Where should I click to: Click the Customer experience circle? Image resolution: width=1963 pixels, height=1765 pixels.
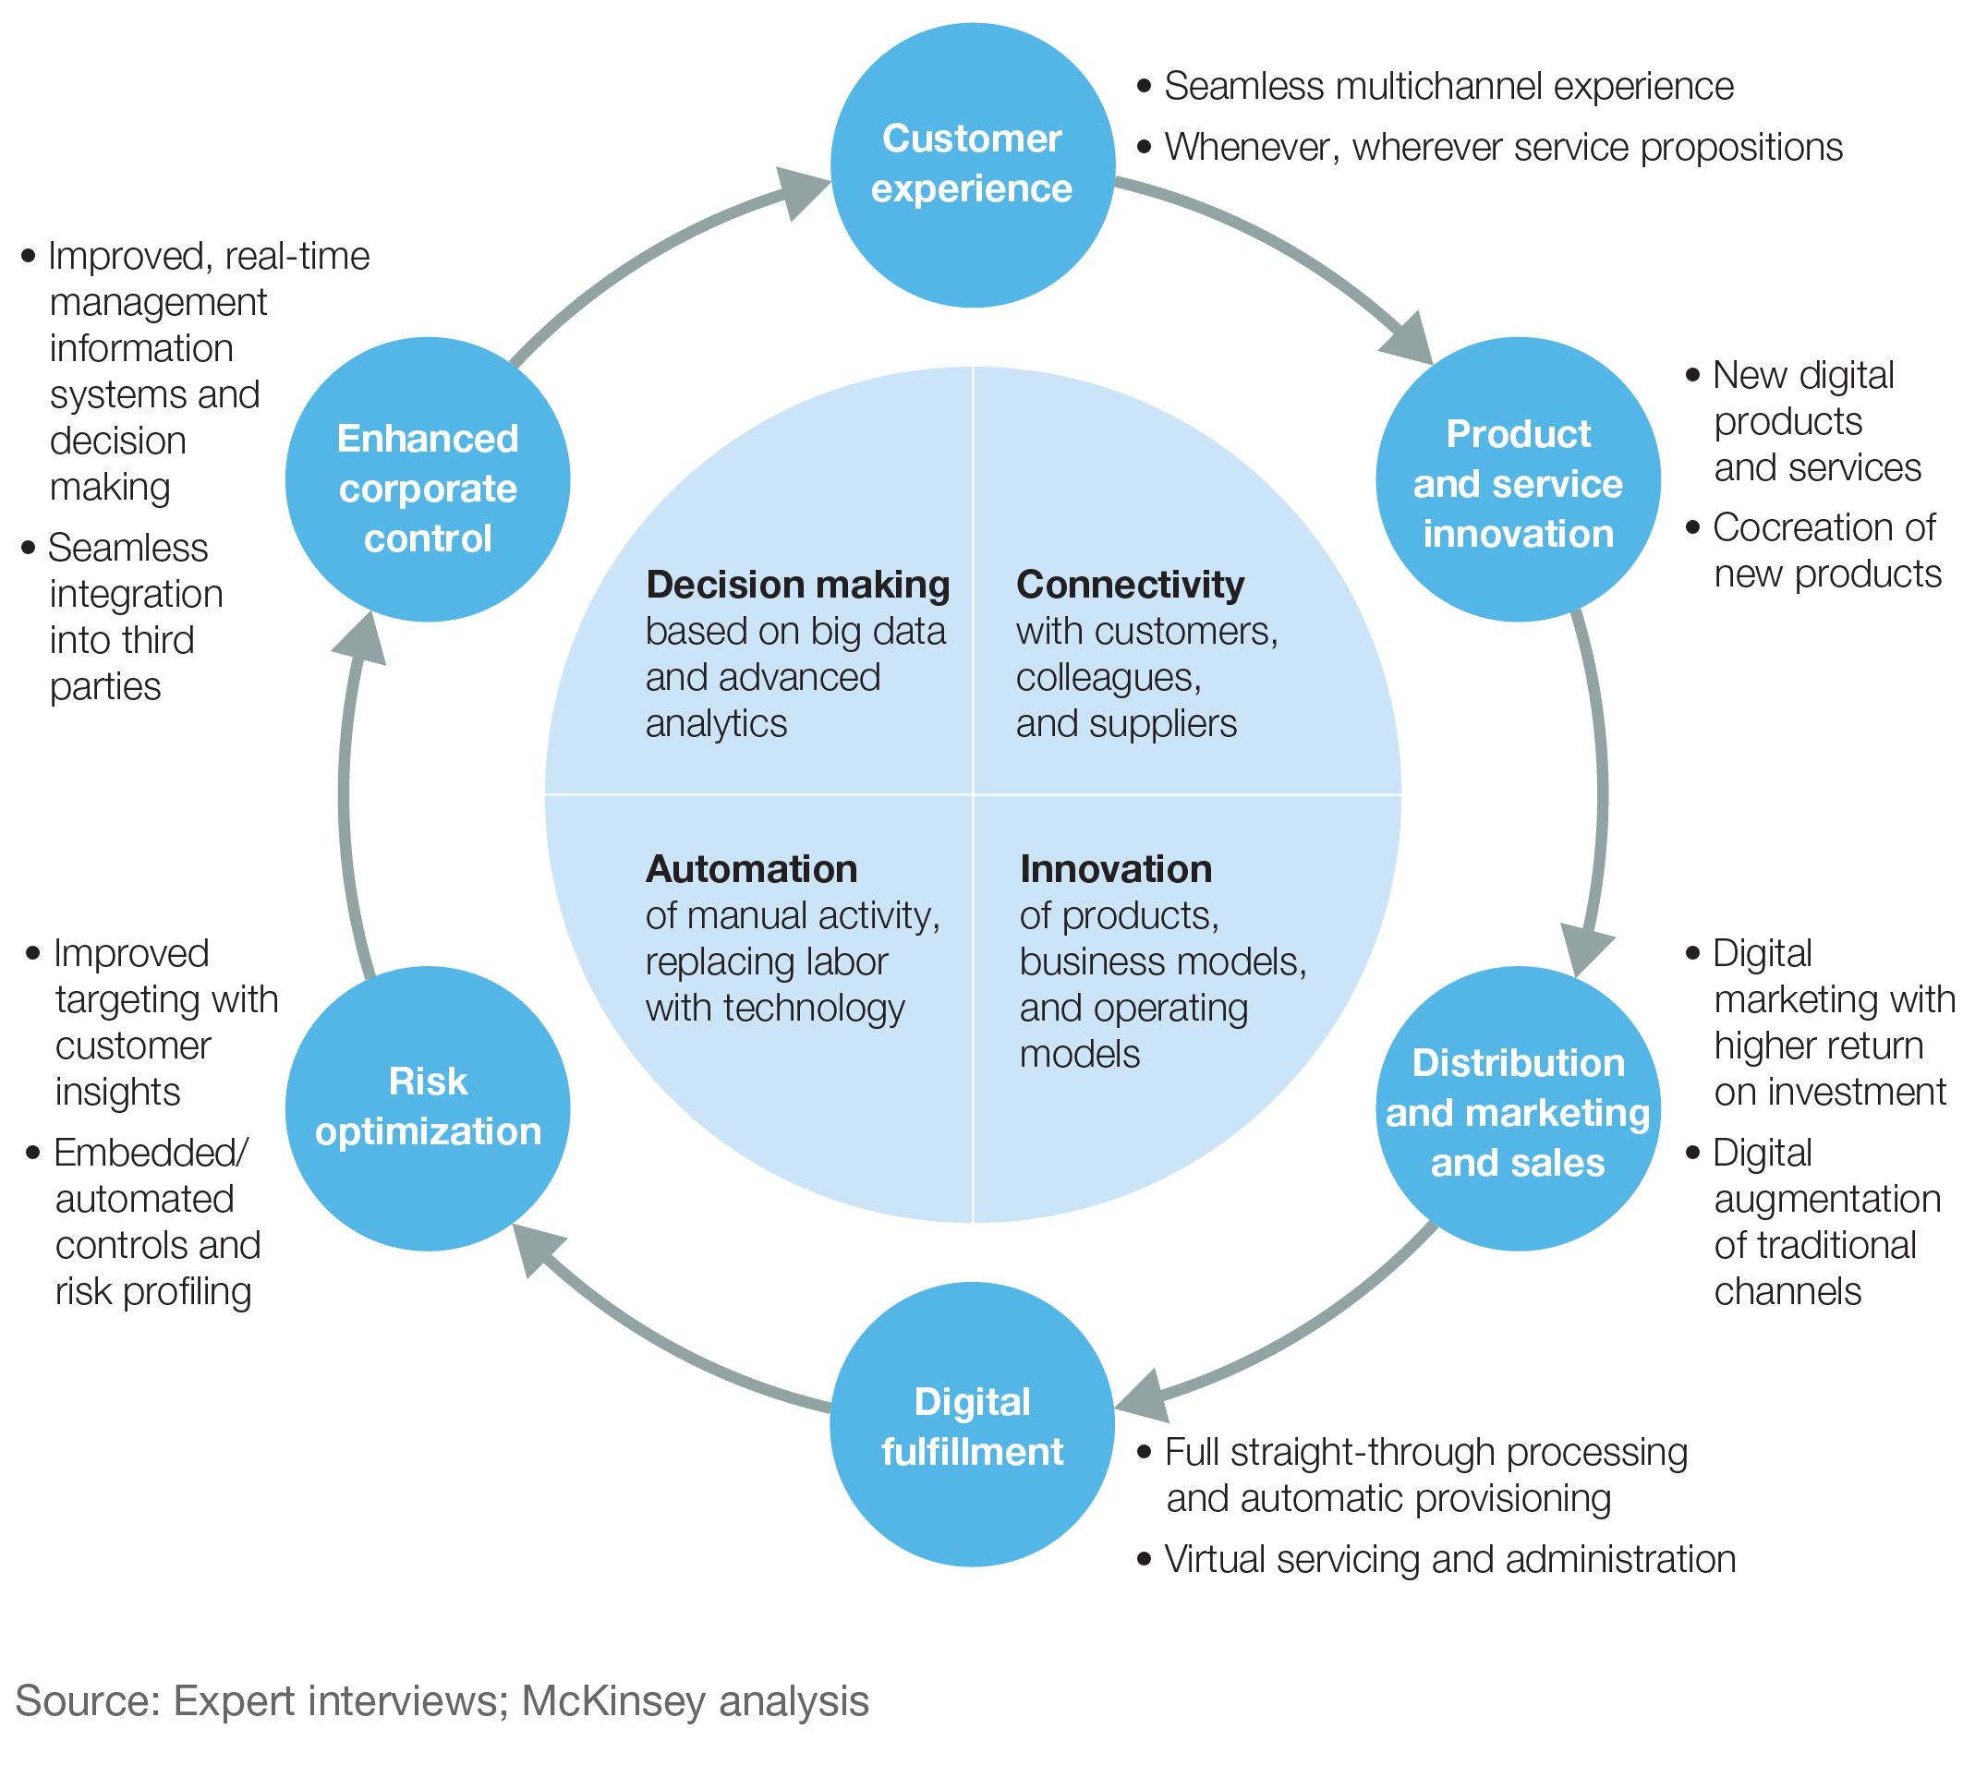pyautogui.click(x=972, y=164)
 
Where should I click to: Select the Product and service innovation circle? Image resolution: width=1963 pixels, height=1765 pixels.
pyautogui.click(x=1517, y=480)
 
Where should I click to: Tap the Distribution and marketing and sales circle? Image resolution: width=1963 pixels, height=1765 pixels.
pyautogui.click(x=1517, y=1109)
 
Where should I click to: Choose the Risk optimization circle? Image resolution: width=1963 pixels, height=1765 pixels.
pyautogui.click(x=428, y=1107)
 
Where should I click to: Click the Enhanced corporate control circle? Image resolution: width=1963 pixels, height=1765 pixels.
pyautogui.click(x=428, y=480)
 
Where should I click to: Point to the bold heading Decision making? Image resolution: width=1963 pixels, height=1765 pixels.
pyautogui.click(x=797, y=585)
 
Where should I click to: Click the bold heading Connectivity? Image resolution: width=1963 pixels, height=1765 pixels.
pyautogui.click(x=1130, y=585)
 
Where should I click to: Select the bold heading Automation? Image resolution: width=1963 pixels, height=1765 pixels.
pyautogui.click(x=752, y=869)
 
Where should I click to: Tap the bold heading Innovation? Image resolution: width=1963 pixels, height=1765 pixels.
pyautogui.click(x=1115, y=869)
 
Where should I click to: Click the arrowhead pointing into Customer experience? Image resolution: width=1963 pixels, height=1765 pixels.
pyautogui.click(x=800, y=192)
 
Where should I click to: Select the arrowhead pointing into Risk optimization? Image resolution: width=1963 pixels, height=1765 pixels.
pyautogui.click(x=537, y=1249)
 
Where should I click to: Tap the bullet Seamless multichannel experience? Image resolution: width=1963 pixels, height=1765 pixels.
pyautogui.click(x=1448, y=86)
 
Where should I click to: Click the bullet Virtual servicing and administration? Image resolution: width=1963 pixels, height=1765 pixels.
pyautogui.click(x=1449, y=1559)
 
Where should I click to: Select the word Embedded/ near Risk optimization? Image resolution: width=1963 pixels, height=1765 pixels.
pyautogui.click(x=151, y=1152)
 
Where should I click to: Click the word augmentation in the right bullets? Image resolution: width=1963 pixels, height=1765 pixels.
pyautogui.click(x=1827, y=1199)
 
